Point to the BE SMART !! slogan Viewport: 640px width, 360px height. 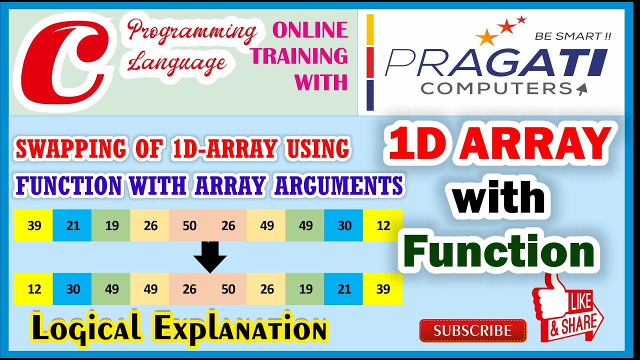573,36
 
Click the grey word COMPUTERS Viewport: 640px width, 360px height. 495,88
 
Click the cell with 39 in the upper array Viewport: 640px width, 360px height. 34,225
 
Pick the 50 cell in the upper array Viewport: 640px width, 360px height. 189,225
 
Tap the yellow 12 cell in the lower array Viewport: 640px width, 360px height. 34,289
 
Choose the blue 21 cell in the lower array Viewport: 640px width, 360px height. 344,289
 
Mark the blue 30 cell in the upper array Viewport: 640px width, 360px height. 344,225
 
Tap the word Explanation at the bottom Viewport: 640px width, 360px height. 240,330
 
